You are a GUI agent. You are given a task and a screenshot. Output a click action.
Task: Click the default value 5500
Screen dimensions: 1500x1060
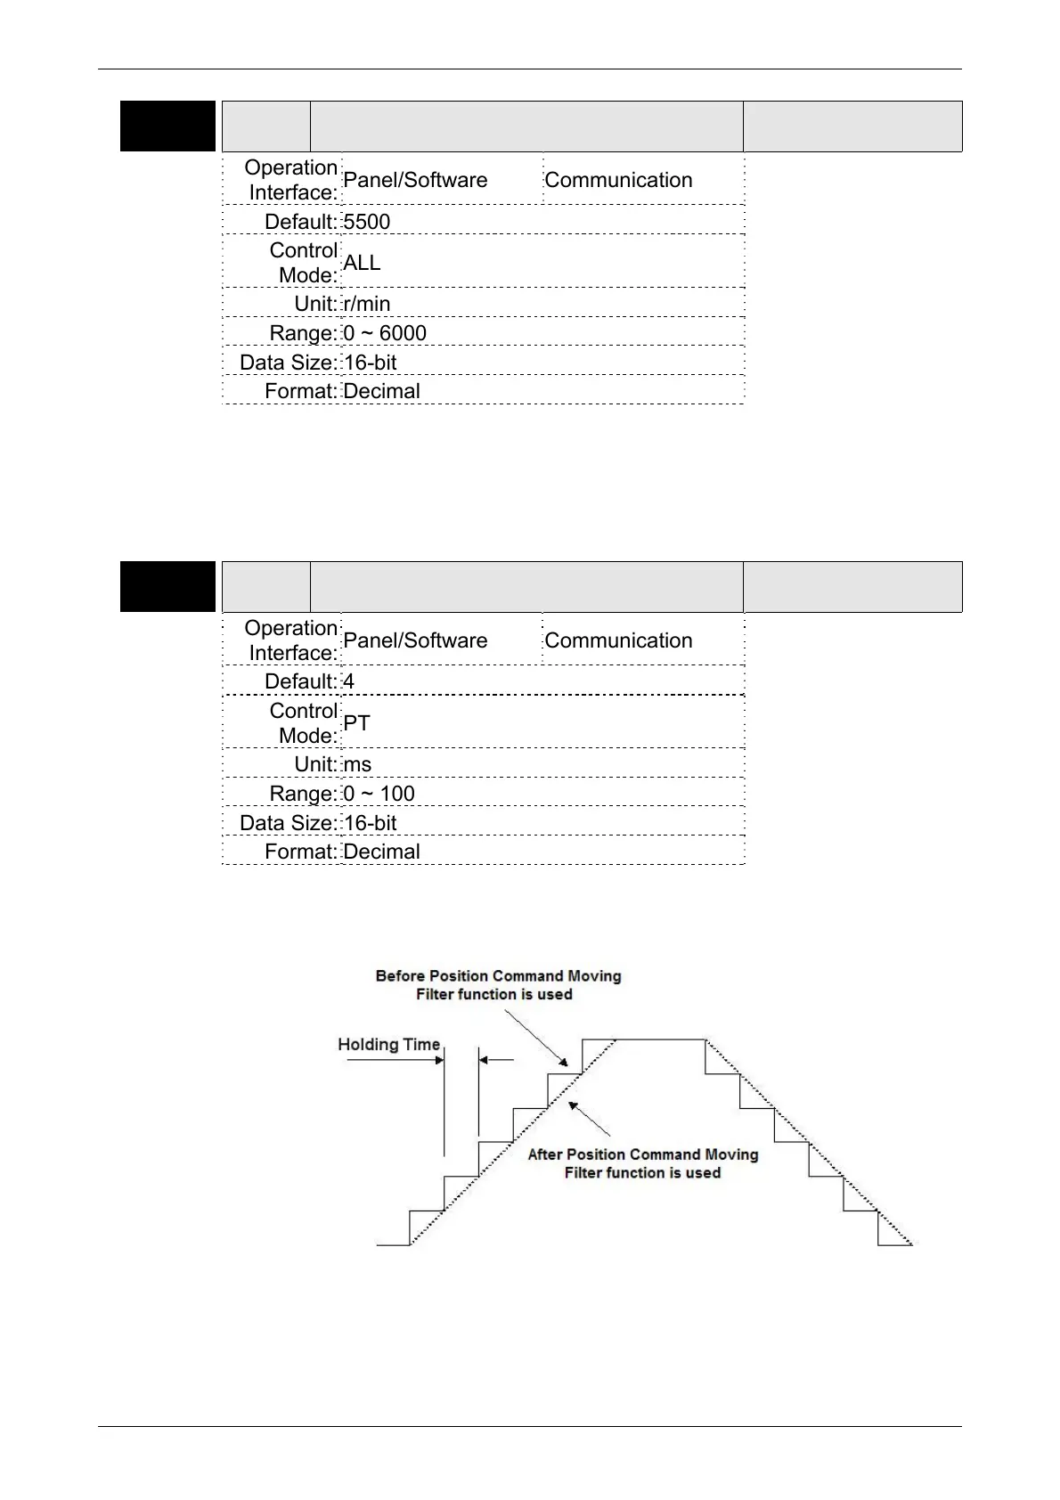coord(367,222)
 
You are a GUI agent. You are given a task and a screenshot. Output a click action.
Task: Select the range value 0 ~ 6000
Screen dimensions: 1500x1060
coord(385,333)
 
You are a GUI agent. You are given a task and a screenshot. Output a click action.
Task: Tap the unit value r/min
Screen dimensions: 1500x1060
coord(367,304)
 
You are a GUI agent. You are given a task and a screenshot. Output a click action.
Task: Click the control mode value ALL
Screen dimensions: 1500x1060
coord(362,263)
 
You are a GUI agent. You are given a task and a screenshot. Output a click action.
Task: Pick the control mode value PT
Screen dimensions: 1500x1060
coord(356,723)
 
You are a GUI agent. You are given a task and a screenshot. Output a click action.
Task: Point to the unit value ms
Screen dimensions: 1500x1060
coord(357,764)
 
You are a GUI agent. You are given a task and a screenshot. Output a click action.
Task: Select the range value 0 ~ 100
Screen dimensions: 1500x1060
coord(379,794)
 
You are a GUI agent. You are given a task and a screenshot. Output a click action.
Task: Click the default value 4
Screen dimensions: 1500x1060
coord(349,681)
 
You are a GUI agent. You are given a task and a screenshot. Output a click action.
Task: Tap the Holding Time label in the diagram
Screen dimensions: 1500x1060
coord(388,1045)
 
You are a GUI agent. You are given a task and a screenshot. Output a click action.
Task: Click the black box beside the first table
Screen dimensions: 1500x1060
coord(167,126)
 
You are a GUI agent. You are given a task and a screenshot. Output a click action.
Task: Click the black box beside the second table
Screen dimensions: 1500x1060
coord(167,587)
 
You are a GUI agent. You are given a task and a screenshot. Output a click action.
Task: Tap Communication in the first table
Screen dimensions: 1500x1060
coord(618,180)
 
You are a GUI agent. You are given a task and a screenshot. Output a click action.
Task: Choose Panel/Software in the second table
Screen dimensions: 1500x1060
coord(415,640)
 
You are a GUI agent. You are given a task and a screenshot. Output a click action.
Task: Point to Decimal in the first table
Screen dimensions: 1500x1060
coord(381,391)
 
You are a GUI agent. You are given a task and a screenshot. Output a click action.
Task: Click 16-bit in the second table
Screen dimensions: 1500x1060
coord(370,823)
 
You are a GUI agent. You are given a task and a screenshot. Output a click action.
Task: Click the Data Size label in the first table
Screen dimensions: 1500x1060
coord(288,363)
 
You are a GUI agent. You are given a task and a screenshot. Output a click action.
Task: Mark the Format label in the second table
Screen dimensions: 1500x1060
coord(301,852)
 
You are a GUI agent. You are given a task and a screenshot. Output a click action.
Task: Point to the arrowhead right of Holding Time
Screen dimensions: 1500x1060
coord(439,1060)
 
